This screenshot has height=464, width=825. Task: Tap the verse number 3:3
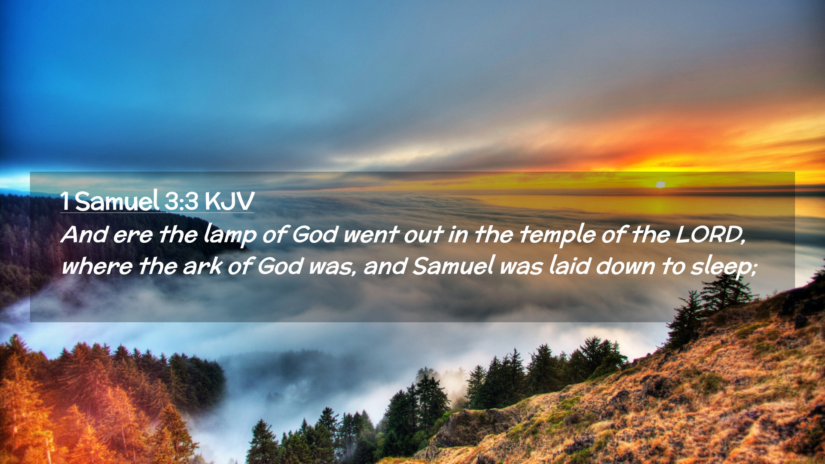pos(181,201)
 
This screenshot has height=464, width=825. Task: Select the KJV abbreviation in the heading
pos(229,201)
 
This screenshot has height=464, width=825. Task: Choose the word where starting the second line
pos(97,266)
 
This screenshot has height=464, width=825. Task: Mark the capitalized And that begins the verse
pos(84,235)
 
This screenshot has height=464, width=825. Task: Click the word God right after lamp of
pos(315,235)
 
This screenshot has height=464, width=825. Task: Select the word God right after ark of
pos(281,266)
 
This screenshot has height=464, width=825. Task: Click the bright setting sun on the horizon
pos(660,184)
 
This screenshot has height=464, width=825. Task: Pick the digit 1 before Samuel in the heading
pos(65,201)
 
